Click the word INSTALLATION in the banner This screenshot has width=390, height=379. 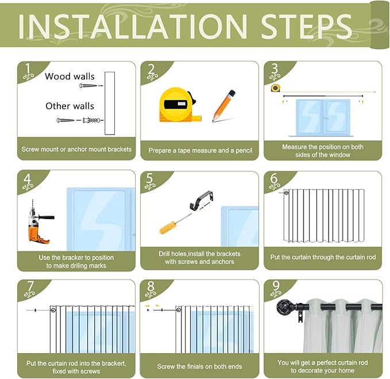coord(133,26)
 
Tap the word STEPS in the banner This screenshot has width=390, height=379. coord(306,26)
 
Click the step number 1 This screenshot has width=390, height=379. coord(28,68)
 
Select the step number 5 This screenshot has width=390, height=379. coord(149,178)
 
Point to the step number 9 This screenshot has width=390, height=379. coord(276,286)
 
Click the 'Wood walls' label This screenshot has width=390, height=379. coord(69,76)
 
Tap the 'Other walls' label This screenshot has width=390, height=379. coord(69,106)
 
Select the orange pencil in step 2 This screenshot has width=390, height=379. coord(223,106)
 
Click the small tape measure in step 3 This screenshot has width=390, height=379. coord(275,88)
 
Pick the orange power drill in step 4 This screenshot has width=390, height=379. coord(40,222)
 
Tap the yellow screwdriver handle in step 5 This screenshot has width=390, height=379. coord(168,228)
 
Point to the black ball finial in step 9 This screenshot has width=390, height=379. coord(283,307)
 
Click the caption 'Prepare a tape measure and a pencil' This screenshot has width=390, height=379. coord(200,151)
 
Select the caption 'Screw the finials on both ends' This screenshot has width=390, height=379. coord(199,366)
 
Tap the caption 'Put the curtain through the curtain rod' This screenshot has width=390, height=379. coord(323,257)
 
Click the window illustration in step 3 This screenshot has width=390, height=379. coord(323,118)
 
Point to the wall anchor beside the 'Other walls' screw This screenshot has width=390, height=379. coord(91,120)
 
